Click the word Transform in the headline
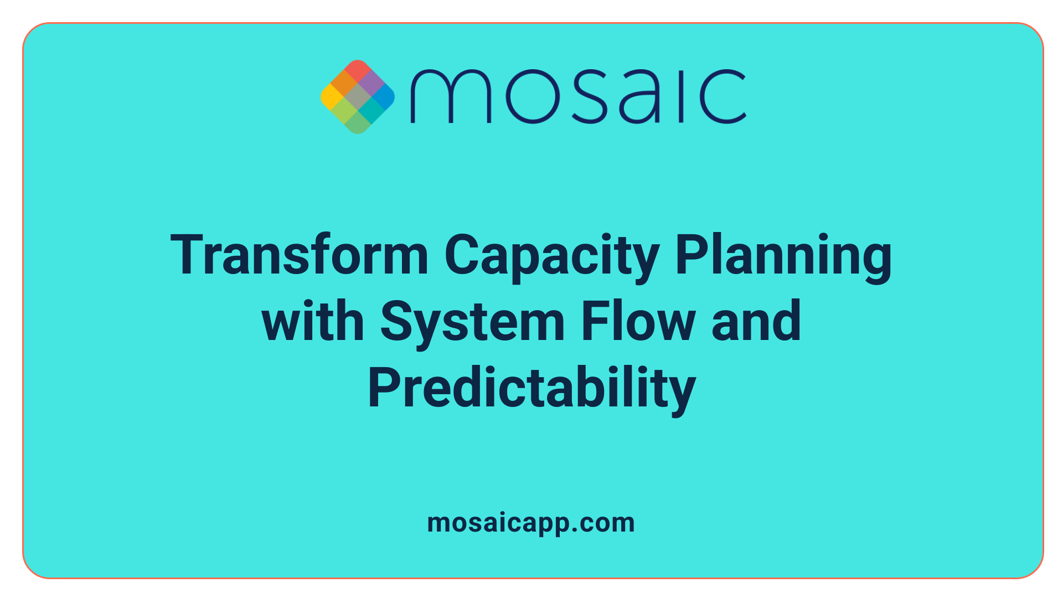[x=299, y=255]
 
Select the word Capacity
[x=551, y=256]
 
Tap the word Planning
[x=783, y=256]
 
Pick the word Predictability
[x=531, y=389]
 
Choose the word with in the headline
[x=313, y=321]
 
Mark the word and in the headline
[x=756, y=321]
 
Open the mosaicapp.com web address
[x=531, y=523]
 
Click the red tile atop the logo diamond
[x=358, y=70]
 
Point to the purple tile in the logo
[x=370, y=84]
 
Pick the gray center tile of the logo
[x=358, y=97]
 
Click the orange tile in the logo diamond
[x=344, y=84]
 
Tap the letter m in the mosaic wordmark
[x=450, y=96]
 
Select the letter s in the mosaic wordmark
[x=587, y=96]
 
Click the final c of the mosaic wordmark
[x=723, y=96]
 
